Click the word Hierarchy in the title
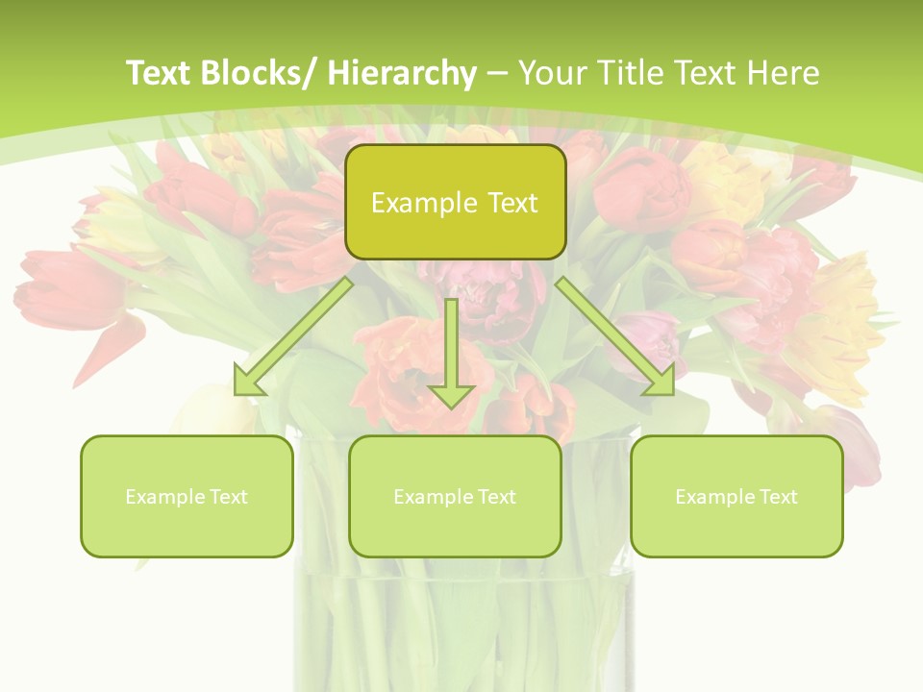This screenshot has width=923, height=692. [402, 73]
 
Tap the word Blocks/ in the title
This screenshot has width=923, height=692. [257, 73]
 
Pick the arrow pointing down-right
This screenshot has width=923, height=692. [614, 336]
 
